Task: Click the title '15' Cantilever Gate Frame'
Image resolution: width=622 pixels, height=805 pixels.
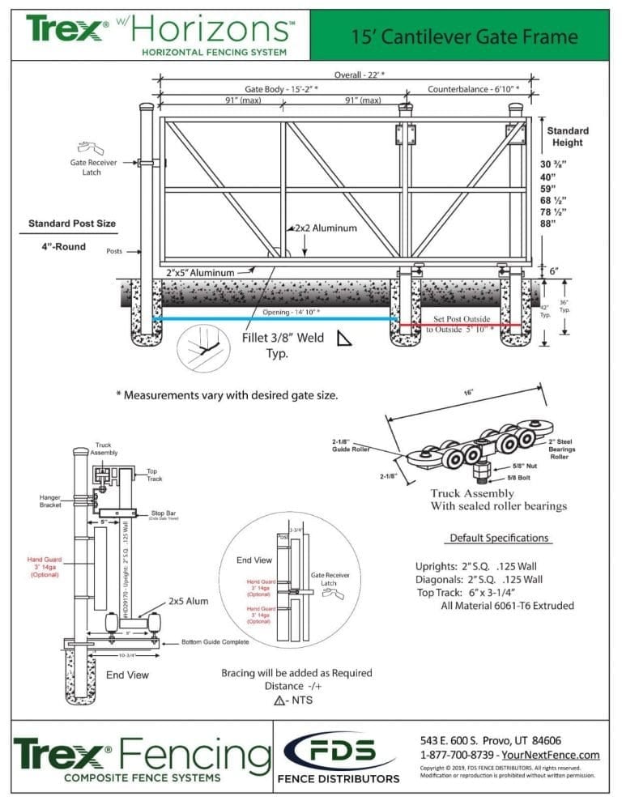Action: point(464,37)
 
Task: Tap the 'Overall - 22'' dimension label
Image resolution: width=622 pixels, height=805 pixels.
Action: point(360,75)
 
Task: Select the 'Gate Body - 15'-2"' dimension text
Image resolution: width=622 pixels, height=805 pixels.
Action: point(281,88)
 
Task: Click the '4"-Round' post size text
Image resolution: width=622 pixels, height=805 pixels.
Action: point(62,246)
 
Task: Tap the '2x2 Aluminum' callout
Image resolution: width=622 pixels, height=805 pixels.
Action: point(326,228)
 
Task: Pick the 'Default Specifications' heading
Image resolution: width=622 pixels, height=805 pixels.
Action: point(499,538)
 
